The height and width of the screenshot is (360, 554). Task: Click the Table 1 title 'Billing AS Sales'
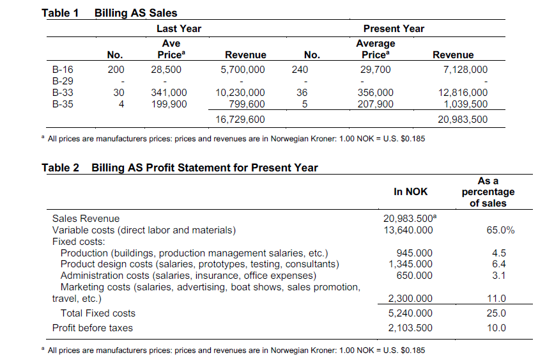tap(135, 13)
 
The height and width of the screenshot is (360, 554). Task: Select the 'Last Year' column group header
tap(179, 29)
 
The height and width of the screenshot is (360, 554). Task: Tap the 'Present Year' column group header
tap(394, 29)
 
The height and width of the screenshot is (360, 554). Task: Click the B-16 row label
tap(63, 70)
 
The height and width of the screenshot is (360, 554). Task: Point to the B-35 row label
tap(63, 104)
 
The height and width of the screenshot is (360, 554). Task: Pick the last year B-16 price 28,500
tap(166, 70)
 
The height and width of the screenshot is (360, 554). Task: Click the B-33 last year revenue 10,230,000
tap(240, 93)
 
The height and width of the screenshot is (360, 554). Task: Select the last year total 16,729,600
tap(240, 120)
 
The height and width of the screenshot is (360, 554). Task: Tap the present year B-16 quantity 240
tap(300, 70)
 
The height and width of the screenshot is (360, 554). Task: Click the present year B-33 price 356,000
tap(375, 93)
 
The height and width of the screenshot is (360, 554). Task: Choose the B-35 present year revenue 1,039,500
tap(466, 104)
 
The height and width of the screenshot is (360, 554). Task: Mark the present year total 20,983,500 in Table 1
tap(463, 120)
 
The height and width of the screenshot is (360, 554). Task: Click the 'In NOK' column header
tap(411, 192)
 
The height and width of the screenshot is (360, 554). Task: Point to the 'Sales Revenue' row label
tap(86, 219)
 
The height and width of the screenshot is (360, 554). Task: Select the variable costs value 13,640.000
tap(408, 230)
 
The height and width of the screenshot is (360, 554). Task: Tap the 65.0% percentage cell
tap(500, 230)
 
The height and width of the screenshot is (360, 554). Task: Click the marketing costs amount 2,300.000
tap(410, 299)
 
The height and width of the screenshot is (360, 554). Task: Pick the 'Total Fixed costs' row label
tap(98, 313)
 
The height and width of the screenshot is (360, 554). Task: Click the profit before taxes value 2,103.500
tap(410, 328)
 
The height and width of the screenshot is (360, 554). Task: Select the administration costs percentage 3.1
tap(499, 276)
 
